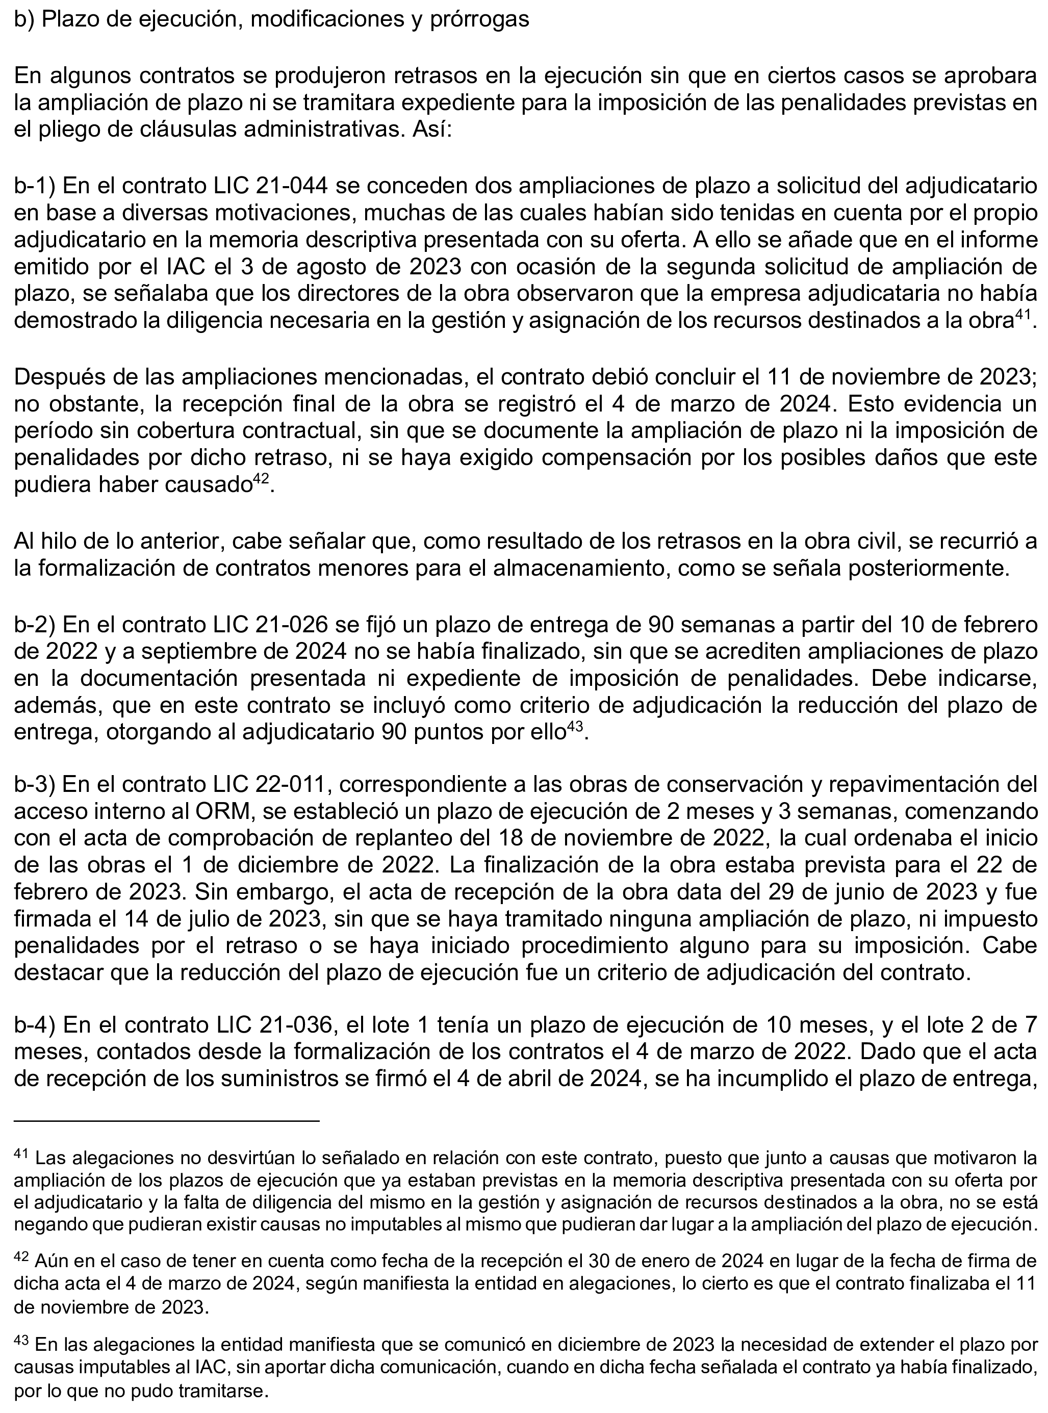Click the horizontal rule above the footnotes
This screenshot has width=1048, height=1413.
point(166,1121)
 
